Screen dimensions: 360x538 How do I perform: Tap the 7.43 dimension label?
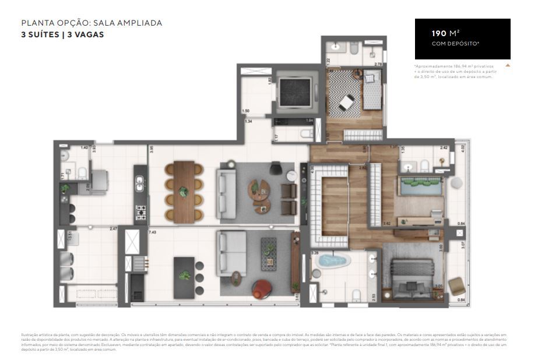153,232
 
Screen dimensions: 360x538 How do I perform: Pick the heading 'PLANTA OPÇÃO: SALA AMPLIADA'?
92,23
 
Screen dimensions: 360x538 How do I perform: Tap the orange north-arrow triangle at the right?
508,65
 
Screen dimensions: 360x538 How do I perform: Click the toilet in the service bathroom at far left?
82,172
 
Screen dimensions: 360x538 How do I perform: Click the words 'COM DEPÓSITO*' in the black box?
455,44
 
